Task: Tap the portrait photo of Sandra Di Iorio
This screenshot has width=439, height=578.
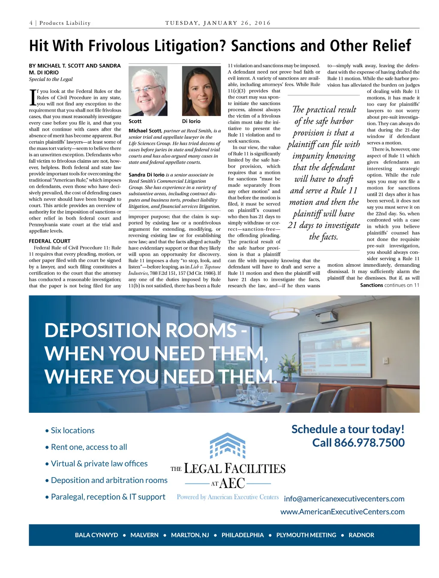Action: point(201,91)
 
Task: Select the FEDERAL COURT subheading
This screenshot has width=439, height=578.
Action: point(50,241)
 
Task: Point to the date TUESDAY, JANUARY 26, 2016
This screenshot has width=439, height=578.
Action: point(218,23)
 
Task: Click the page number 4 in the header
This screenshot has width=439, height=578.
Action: point(31,23)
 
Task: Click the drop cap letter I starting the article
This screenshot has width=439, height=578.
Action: point(32,97)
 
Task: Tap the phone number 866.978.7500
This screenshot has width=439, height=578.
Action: point(369,443)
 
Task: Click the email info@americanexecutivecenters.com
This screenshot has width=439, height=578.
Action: point(344,499)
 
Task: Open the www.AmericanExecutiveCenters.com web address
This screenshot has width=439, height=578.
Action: point(342,512)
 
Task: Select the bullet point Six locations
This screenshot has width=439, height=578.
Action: point(72,430)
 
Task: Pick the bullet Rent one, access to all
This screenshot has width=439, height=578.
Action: point(89,447)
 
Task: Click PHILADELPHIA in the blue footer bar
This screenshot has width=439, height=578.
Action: point(243,535)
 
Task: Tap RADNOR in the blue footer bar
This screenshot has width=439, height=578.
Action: point(361,535)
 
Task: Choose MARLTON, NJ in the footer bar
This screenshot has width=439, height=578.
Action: point(190,535)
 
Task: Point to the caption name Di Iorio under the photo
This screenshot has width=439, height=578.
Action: point(191,121)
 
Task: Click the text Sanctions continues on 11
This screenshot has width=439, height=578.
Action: point(389,285)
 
